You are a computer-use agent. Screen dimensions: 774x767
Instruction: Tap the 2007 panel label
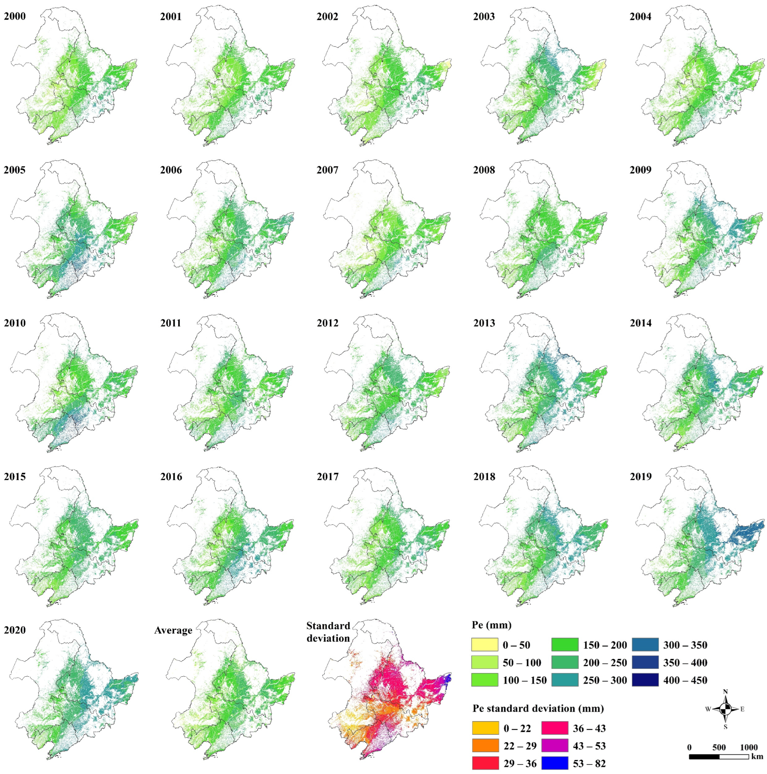[x=328, y=170]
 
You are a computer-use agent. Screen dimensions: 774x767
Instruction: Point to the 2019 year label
[x=640, y=477]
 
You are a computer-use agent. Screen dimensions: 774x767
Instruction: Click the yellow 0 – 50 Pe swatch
[x=485, y=645]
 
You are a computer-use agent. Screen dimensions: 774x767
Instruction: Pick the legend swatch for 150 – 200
[x=565, y=645]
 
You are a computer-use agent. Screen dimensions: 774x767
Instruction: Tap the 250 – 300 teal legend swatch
[x=565, y=680]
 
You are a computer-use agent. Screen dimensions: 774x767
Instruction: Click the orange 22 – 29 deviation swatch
[x=485, y=746]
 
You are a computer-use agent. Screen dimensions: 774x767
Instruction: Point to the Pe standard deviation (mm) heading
[x=538, y=708]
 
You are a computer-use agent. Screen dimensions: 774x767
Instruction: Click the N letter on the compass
[x=725, y=691]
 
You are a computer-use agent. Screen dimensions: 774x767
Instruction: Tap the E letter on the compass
[x=742, y=709]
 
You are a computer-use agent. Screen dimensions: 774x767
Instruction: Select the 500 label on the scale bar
[x=719, y=747]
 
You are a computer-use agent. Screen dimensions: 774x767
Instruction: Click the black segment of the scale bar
[x=704, y=756]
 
